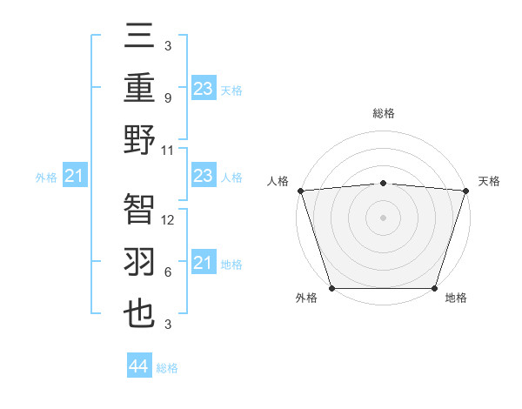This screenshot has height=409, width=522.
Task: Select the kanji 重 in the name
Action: [140, 89]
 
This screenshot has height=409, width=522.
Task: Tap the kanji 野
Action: [140, 139]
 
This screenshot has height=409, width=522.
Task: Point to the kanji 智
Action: [140, 209]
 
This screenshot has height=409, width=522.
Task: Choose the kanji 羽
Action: [140, 262]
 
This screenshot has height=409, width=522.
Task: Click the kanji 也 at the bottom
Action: [140, 314]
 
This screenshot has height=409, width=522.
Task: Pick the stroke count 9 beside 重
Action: [167, 98]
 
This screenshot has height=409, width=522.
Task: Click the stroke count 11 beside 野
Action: [169, 150]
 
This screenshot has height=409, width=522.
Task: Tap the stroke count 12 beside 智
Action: [169, 220]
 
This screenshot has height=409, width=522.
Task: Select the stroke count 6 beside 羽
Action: [167, 272]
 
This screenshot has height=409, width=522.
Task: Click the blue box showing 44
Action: [138, 366]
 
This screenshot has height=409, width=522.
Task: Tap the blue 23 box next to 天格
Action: [203, 89]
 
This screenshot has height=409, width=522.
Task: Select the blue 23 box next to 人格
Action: [203, 177]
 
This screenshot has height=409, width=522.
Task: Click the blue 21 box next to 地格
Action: [203, 263]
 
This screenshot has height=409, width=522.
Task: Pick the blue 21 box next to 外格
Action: [75, 177]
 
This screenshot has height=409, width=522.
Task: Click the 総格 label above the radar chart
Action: [383, 113]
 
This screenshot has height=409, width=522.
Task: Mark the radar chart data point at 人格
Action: [300, 190]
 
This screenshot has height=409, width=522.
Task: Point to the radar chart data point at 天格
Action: [465, 190]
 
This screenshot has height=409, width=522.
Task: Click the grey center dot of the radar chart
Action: [383, 217]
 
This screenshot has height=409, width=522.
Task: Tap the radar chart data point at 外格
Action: [331, 287]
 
